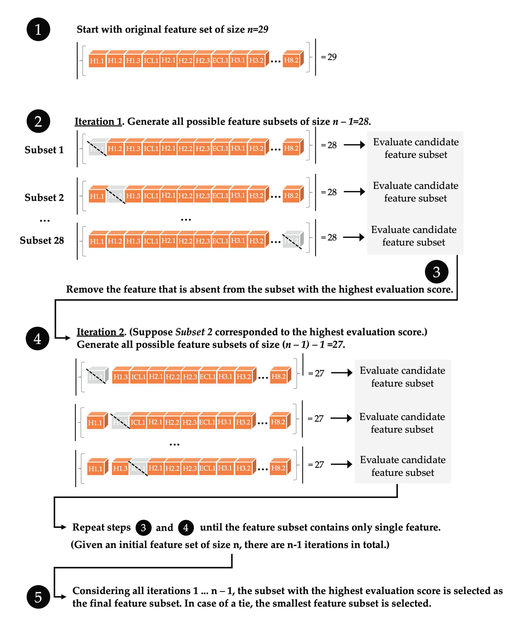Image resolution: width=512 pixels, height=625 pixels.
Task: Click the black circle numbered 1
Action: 38,29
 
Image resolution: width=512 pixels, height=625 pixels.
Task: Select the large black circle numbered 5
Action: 38,597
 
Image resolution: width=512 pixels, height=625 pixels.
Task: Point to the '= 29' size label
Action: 329,57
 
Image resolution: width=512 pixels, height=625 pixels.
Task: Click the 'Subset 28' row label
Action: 42,240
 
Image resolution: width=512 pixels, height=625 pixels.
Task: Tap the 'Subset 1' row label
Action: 44,150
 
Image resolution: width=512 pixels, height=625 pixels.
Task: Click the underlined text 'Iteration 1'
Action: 98,121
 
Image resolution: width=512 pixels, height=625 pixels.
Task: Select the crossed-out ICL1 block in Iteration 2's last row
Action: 138,468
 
